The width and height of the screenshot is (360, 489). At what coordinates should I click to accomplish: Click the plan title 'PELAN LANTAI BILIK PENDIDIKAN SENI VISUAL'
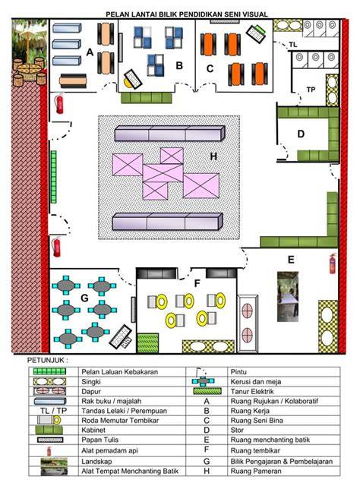[x=187, y=14]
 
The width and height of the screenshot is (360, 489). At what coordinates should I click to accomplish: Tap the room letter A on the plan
[x=90, y=52]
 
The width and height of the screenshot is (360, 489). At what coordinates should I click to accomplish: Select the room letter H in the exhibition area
[x=213, y=156]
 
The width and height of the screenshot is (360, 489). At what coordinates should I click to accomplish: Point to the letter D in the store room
[x=301, y=134]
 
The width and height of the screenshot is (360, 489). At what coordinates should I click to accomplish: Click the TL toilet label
[x=292, y=45]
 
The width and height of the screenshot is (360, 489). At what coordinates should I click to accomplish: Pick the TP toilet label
[x=311, y=90]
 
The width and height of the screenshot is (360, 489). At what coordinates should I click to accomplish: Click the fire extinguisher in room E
[x=333, y=263]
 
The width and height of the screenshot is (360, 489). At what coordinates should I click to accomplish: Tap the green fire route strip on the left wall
[x=54, y=177]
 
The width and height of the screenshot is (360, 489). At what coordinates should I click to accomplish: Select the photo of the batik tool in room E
[x=288, y=297]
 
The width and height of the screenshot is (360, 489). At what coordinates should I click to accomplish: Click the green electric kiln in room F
[x=148, y=342]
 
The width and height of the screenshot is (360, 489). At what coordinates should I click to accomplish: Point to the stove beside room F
[x=248, y=323]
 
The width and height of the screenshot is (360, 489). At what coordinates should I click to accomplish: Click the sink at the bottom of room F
[x=208, y=346]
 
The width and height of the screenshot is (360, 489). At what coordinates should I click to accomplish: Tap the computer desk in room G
[x=121, y=337]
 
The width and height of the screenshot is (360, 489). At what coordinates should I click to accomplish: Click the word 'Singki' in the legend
[x=91, y=382]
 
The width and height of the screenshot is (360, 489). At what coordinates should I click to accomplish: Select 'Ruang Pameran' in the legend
[x=256, y=471]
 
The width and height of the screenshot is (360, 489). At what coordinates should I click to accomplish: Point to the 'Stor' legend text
[x=237, y=430]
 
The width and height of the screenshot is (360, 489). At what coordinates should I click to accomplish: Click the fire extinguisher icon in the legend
[x=49, y=451]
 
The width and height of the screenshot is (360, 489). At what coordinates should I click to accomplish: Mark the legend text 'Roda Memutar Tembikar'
[x=120, y=421]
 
